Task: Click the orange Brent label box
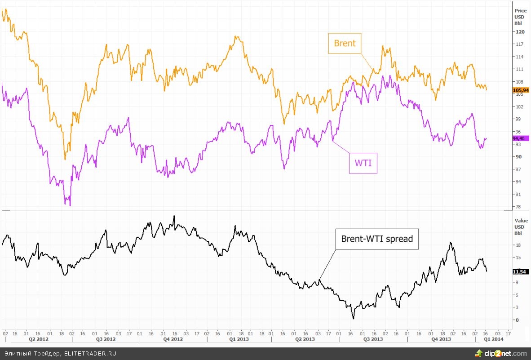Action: pyautogui.click(x=345, y=43)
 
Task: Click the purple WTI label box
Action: pyautogui.click(x=363, y=163)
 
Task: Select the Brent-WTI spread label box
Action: pyautogui.click(x=377, y=239)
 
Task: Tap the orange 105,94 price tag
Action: pyautogui.click(x=521, y=90)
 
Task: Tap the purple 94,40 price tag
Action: pyautogui.click(x=521, y=138)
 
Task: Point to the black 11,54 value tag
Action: pyautogui.click(x=521, y=271)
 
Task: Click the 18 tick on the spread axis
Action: pyautogui.click(x=518, y=245)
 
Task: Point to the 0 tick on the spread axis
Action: pyautogui.click(x=518, y=320)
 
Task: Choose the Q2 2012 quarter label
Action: pyautogui.click(x=37, y=339)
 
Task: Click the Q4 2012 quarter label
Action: pyautogui.click(x=173, y=339)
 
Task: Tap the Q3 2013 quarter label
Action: pyautogui.click(x=373, y=339)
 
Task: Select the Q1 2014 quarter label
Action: pyautogui.click(x=493, y=339)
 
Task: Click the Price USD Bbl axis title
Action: pyautogui.click(x=520, y=16)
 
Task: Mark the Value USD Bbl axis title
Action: pyautogui.click(x=521, y=227)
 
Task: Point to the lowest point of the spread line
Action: pyautogui.click(x=354, y=319)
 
